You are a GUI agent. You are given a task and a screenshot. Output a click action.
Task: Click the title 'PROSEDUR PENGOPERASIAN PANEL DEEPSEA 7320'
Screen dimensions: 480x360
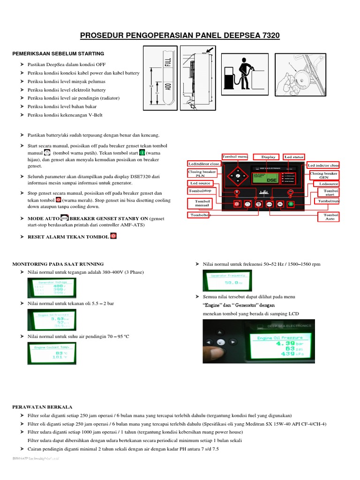click(x=180, y=36)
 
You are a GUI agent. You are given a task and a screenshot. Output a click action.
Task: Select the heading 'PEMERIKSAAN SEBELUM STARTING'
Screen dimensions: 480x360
click(x=58, y=53)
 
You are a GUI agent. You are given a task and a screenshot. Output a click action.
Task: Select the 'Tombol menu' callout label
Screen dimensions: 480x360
click(x=234, y=157)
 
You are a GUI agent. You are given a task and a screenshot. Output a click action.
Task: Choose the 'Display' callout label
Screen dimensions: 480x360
click(x=269, y=157)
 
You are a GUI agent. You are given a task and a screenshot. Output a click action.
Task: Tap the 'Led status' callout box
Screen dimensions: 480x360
click(x=294, y=157)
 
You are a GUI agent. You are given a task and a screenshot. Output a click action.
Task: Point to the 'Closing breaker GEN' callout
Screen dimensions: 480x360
click(x=324, y=175)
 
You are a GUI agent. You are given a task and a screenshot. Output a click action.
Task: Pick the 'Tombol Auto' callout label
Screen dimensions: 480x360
click(x=330, y=217)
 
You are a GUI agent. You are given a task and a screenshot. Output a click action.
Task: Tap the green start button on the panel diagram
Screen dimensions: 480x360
click(x=291, y=204)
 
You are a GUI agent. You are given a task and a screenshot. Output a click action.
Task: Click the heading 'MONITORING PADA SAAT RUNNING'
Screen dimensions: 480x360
click(x=58, y=264)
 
